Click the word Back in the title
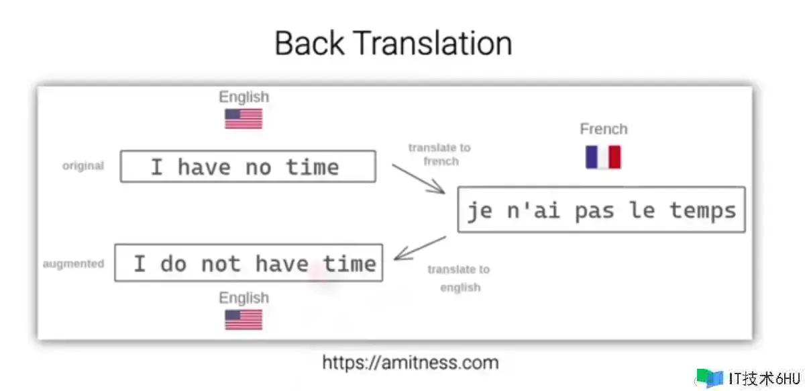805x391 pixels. pos(309,43)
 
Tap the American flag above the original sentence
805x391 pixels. pos(244,119)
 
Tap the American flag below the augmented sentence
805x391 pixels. pos(244,320)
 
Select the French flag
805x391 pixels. pos(603,157)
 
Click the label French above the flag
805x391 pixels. pos(604,129)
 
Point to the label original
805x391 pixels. pos(83,166)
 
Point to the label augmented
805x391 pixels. pos(74,264)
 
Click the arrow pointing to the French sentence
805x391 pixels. pos(419,179)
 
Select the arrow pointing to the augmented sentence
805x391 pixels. pos(420,248)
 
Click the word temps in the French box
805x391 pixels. pos(703,211)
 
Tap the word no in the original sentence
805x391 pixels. pos(258,168)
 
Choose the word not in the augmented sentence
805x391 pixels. pos(221,265)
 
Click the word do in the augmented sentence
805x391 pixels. pos(174,264)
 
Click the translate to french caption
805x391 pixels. pos(440,155)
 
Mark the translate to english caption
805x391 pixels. pos(459,278)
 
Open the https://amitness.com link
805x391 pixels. pos(411,363)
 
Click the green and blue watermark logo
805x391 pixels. pos(710,378)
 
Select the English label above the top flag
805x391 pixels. pos(244,97)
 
